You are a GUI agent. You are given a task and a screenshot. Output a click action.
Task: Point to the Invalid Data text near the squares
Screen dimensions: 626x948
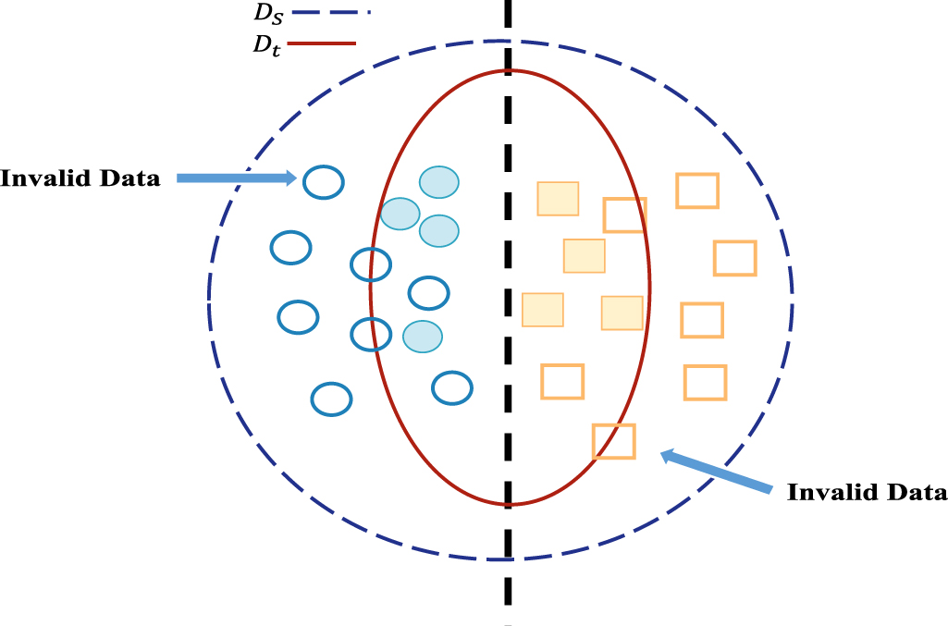tap(867, 493)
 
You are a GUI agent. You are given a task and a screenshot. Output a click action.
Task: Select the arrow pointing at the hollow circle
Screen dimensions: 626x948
tap(235, 178)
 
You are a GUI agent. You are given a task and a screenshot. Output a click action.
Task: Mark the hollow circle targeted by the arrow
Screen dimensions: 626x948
tap(324, 181)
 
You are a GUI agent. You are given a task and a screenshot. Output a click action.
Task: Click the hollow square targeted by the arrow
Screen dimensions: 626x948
tap(614, 441)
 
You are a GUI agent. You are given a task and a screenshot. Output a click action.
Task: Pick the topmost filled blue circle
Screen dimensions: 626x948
tap(439, 182)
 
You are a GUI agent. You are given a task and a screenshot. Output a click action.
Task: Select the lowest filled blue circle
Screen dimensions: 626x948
tap(422, 336)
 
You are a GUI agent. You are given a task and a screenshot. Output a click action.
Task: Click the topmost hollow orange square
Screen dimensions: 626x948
tap(697, 190)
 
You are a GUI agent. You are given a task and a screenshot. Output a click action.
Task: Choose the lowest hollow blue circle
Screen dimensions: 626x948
tap(331, 399)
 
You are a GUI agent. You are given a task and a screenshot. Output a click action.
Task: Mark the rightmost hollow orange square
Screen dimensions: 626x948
tap(735, 258)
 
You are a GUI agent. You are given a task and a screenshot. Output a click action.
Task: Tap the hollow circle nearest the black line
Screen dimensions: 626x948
tap(453, 388)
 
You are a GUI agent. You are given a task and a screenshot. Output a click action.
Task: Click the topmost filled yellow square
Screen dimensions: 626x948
tap(559, 199)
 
